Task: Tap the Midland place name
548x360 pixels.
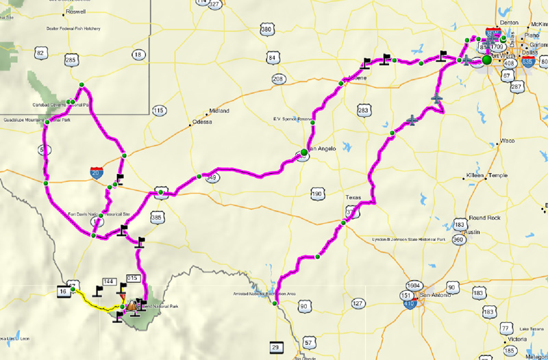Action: (219, 110)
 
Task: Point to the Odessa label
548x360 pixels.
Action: (203, 122)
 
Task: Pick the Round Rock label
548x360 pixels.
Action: (484, 218)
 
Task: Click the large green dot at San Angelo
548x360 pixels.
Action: (303, 152)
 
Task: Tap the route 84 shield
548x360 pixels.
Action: (273, 57)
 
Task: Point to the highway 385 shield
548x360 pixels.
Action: (156, 218)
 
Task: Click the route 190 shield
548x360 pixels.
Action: (316, 194)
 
